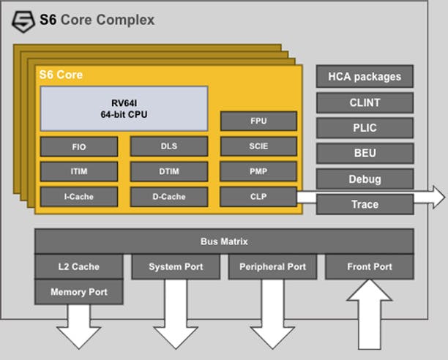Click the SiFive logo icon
(x=23, y=22)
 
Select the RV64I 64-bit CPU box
(x=124, y=108)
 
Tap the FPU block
(x=258, y=121)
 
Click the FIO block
(x=79, y=147)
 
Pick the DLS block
(x=169, y=146)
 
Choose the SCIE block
(x=258, y=146)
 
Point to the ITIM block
(x=79, y=171)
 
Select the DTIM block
(x=169, y=171)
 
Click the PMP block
(x=258, y=171)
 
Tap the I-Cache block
(x=79, y=197)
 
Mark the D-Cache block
(x=169, y=197)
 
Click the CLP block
(x=258, y=197)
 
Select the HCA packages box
(x=365, y=77)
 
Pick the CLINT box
(x=365, y=102)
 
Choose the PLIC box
(x=365, y=128)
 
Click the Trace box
(x=365, y=204)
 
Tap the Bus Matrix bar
(x=224, y=241)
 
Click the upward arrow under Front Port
(x=370, y=314)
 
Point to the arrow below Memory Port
(x=79, y=327)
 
